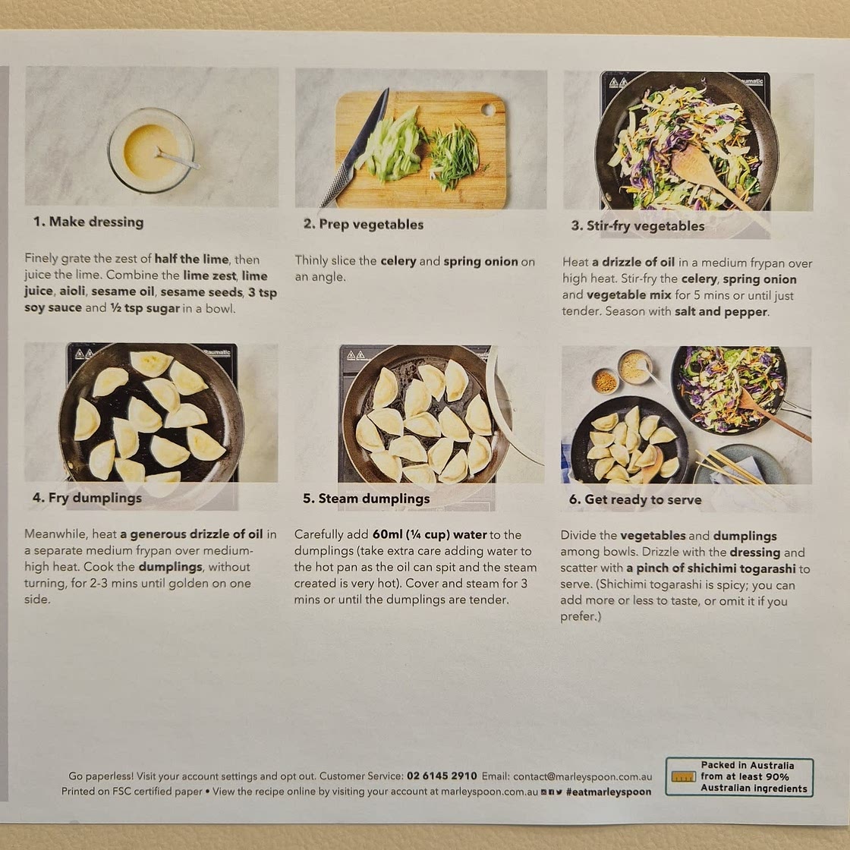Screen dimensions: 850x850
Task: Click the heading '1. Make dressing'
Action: click(88, 222)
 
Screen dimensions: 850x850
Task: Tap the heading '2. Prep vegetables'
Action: click(364, 224)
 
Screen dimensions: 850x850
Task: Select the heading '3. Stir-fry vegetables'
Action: click(637, 226)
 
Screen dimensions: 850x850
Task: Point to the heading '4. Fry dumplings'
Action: click(87, 498)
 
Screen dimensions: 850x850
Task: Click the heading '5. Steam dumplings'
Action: click(366, 499)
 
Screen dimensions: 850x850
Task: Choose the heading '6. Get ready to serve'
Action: click(634, 499)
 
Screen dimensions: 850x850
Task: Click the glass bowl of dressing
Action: click(150, 150)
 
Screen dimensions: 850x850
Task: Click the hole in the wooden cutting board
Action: click(488, 109)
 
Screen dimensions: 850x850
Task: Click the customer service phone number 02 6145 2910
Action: click(442, 776)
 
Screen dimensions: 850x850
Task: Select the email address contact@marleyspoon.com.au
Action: click(582, 776)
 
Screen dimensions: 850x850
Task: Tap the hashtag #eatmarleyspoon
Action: click(609, 792)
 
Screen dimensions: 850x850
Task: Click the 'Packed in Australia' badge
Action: click(738, 777)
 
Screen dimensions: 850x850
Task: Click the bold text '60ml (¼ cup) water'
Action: click(430, 535)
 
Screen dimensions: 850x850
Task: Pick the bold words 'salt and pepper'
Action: click(721, 312)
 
